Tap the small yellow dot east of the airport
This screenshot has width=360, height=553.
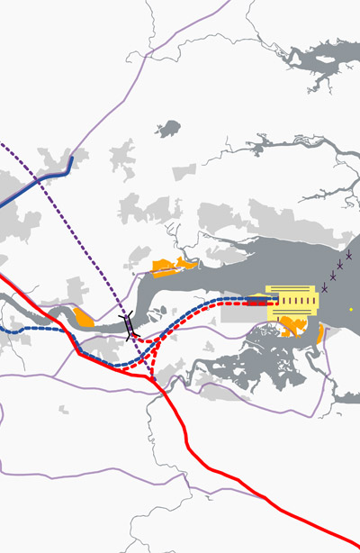(x=351, y=310)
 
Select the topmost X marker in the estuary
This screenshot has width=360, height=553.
(x=348, y=255)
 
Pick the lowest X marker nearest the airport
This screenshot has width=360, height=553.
(x=325, y=287)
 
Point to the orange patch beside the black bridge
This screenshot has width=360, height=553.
(x=84, y=316)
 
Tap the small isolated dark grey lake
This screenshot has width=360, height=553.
(x=167, y=130)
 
